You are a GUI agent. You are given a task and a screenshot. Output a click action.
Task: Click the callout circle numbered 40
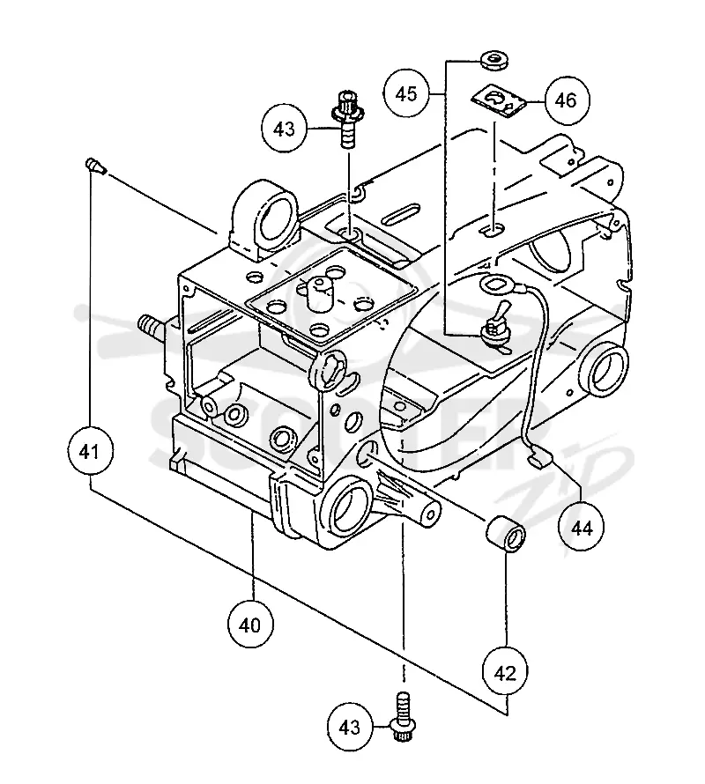pos(250,625)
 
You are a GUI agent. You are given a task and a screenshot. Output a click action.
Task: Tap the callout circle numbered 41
pos(90,452)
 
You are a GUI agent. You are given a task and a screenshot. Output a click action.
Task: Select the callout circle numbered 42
pos(505,672)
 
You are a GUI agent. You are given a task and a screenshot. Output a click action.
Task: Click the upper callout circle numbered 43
pos(284,129)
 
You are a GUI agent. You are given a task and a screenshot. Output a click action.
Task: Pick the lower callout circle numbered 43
pos(350,727)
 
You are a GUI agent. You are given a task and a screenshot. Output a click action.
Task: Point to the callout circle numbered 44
pos(582,528)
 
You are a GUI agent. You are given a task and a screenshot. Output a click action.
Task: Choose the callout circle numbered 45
pos(405,93)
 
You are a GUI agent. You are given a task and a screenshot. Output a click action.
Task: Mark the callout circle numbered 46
pos(566,100)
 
